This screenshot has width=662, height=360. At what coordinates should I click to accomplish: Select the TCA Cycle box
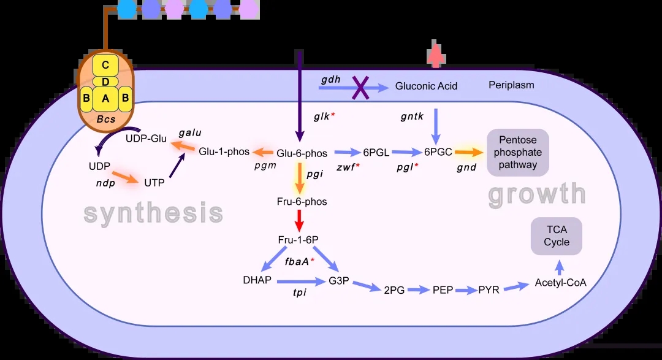click(x=557, y=236)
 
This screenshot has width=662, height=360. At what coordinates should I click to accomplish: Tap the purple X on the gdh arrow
click(x=360, y=88)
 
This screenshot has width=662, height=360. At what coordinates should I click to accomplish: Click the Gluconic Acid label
click(x=426, y=86)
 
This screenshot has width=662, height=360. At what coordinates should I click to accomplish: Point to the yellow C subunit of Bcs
click(x=105, y=65)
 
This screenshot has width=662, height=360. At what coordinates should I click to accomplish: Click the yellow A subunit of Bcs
click(x=105, y=98)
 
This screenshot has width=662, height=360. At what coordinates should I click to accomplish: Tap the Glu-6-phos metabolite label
click(x=302, y=153)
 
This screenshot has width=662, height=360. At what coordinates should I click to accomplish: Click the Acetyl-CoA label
click(x=561, y=283)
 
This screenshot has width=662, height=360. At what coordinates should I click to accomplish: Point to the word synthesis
click(x=153, y=213)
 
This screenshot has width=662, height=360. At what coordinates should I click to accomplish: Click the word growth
click(x=537, y=194)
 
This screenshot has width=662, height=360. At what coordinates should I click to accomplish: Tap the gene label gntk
click(x=412, y=115)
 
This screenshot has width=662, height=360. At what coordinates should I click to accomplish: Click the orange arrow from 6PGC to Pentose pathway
click(x=469, y=152)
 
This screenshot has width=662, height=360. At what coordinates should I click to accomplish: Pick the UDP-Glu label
click(x=146, y=138)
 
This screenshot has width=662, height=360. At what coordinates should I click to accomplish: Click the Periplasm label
click(x=511, y=85)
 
